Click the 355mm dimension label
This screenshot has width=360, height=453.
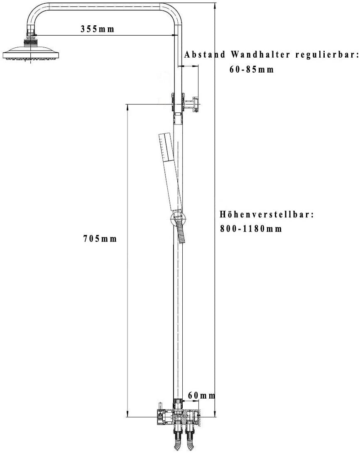(97, 29)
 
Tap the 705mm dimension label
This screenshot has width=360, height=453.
(100, 239)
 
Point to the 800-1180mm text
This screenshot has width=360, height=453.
(251, 229)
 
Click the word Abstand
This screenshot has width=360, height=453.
(205, 54)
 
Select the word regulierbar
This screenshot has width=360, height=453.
(326, 54)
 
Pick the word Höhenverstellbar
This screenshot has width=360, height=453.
(266, 214)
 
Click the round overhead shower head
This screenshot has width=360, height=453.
(32, 53)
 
